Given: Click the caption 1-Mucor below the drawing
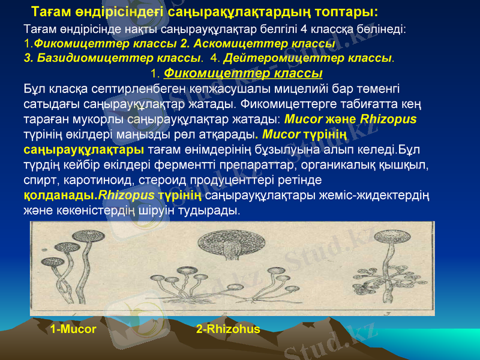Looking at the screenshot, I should (73, 329).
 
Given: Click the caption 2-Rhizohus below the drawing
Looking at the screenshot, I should (228, 329).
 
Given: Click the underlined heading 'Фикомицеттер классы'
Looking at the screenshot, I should (243, 73).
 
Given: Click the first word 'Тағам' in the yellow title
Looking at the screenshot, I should (50, 11).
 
